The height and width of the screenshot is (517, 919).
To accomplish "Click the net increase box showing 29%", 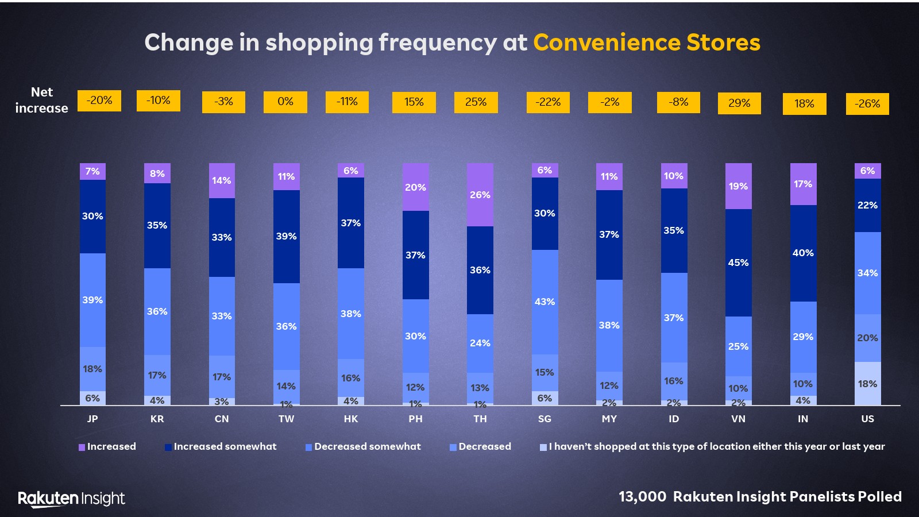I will (739, 103).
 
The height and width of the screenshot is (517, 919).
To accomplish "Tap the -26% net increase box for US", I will (867, 104).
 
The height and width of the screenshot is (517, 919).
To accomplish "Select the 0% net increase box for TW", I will (285, 102).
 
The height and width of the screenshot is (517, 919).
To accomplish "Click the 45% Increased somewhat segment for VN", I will (738, 263).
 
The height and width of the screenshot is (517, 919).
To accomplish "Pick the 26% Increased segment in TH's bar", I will (480, 195).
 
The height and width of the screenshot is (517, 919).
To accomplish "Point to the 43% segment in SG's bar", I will (545, 302).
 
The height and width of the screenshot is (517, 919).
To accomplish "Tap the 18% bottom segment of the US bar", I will (867, 384).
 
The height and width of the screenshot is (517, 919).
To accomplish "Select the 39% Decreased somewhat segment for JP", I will (92, 300).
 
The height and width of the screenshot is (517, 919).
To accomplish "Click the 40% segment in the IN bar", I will (803, 253).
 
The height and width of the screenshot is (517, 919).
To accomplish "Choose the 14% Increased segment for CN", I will (222, 180).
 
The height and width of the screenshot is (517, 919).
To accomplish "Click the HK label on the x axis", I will (351, 419).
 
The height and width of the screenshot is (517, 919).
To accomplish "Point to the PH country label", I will (415, 419).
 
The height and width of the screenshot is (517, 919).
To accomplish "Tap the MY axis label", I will (609, 419).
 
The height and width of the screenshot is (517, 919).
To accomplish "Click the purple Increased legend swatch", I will (82, 447).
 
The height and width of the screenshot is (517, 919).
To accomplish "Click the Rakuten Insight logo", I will (71, 499).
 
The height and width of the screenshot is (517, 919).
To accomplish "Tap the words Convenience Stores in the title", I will (647, 43).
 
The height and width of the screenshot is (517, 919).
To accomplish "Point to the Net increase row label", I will (41, 100).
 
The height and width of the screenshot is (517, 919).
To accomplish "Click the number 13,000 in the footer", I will (642, 497).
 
